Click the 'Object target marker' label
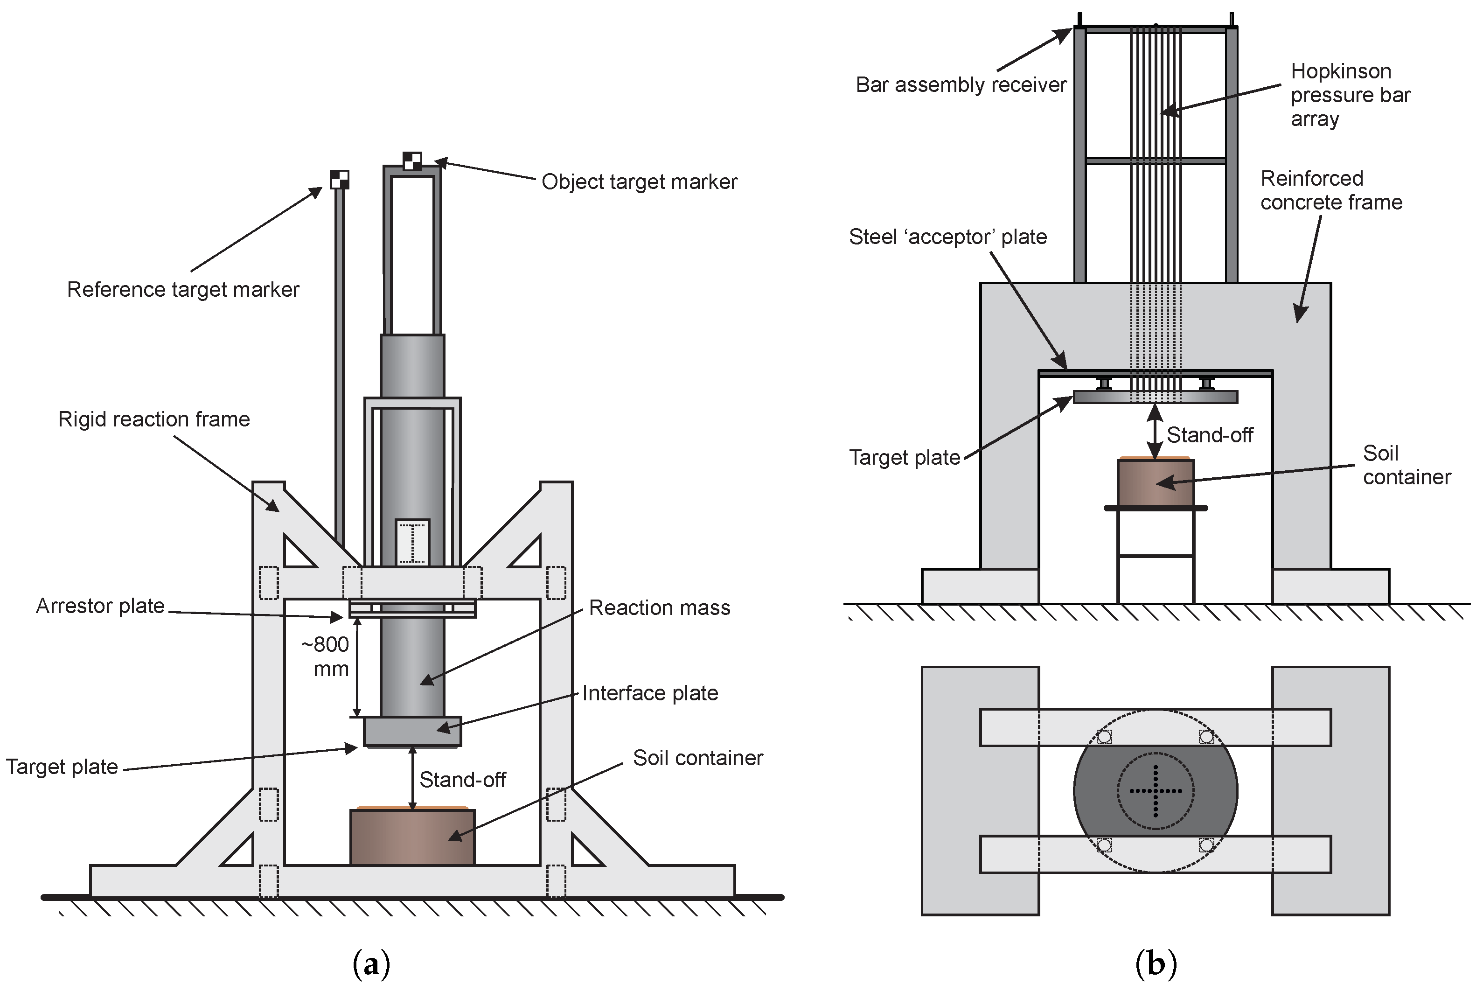(x=639, y=182)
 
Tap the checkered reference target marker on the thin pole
(x=339, y=180)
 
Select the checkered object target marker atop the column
(x=412, y=161)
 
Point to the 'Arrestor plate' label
(x=100, y=606)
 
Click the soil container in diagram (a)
(x=412, y=837)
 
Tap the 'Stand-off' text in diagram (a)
(x=462, y=780)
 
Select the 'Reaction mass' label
(x=659, y=608)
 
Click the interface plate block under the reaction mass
(x=412, y=731)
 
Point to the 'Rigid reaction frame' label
(x=153, y=419)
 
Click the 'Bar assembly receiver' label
(x=961, y=85)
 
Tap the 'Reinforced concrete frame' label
(x=1331, y=190)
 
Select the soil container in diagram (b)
(x=1155, y=483)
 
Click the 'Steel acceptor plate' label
(x=947, y=237)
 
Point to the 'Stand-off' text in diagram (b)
(x=1210, y=435)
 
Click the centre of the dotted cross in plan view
(x=1155, y=791)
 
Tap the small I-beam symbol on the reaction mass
(x=412, y=542)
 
